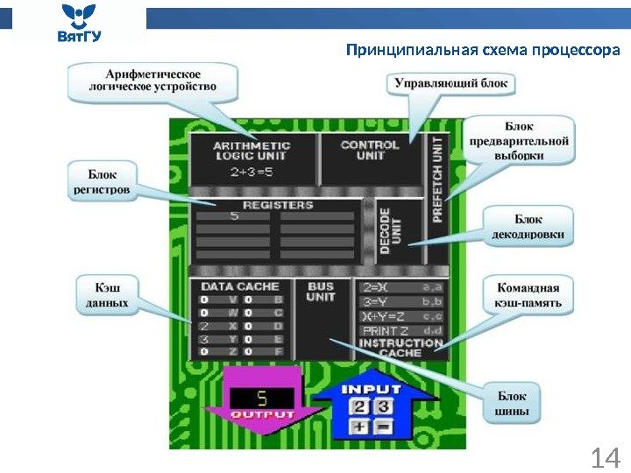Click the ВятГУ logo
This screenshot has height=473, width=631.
79,24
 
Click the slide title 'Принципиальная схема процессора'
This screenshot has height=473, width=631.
483,49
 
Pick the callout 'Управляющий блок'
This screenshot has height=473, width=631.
452,84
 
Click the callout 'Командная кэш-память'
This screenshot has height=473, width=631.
528,296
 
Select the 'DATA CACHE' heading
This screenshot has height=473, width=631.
240,286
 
